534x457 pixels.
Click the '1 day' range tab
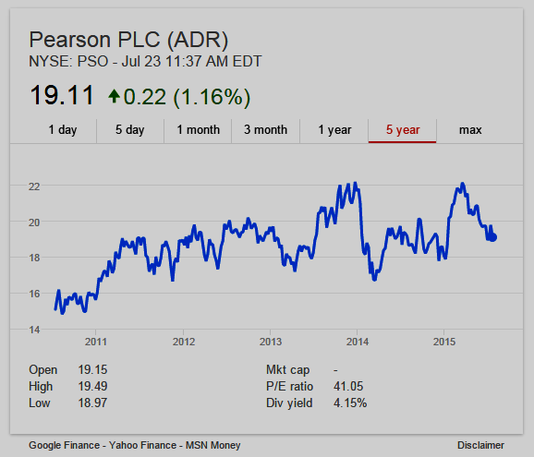[x=63, y=130]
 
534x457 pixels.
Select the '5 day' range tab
[x=129, y=130]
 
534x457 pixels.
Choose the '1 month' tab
[x=199, y=130]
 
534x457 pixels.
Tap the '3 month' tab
[x=266, y=130]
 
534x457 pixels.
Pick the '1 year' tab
[x=334, y=130]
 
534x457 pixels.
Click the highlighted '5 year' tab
[x=403, y=130]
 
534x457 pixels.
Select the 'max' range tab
[x=470, y=130]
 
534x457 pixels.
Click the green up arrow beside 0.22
[x=114, y=96]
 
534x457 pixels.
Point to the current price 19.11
[x=62, y=95]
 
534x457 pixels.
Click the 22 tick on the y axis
[x=34, y=186]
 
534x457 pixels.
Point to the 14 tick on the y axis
[x=34, y=330]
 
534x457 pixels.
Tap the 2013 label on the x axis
[x=271, y=342]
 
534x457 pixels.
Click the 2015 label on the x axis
[x=444, y=342]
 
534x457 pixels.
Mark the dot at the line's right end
[x=492, y=237]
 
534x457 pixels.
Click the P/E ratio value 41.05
[x=348, y=386]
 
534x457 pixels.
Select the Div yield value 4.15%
[x=350, y=403]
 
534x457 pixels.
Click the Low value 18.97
[x=92, y=403]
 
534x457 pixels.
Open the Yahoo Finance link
[x=142, y=445]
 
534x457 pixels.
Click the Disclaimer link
[x=480, y=445]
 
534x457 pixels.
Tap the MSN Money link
[x=212, y=445]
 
